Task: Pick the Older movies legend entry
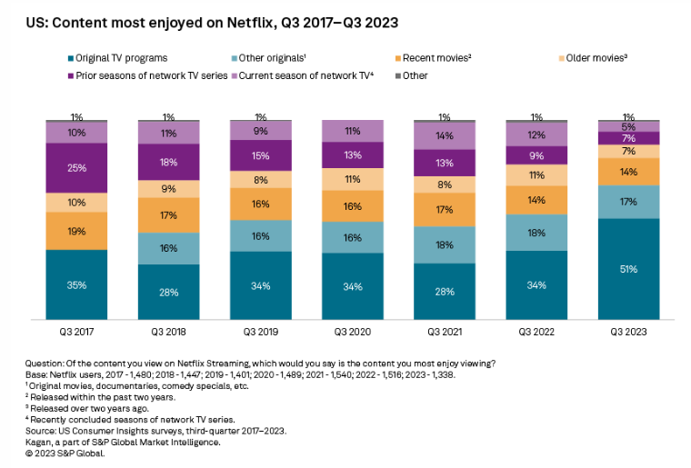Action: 596,57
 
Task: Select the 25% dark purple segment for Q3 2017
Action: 77,168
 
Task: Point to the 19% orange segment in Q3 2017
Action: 77,232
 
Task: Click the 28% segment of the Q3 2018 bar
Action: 169,292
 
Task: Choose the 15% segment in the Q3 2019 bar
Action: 261,155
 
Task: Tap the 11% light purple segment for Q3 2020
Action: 353,132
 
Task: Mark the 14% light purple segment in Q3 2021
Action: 446,135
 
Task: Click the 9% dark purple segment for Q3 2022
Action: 537,155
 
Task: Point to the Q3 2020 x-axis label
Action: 353,332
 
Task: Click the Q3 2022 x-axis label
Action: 537,332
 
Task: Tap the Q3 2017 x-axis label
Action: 77,332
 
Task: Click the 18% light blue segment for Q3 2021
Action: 446,244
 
